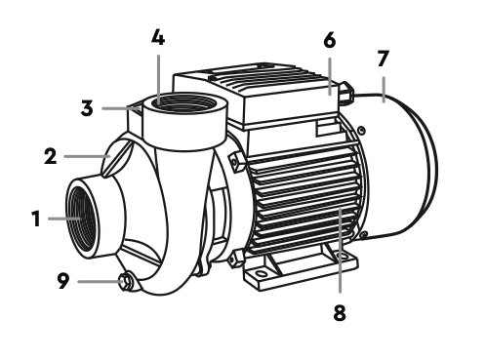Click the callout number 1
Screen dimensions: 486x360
(x=36, y=219)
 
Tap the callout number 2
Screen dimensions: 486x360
(x=51, y=156)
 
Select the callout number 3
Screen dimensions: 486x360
(x=87, y=108)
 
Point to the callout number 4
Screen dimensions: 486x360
(x=158, y=37)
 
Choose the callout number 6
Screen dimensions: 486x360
(x=330, y=41)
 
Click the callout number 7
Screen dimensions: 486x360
(x=383, y=59)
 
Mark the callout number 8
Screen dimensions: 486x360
(x=340, y=313)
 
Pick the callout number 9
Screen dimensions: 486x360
(x=63, y=281)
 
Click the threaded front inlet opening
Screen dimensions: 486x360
(x=82, y=218)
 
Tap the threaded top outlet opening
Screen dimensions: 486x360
(x=184, y=103)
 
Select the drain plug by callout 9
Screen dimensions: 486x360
(x=126, y=282)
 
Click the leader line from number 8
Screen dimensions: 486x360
(x=340, y=251)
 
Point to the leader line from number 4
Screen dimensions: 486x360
(x=158, y=79)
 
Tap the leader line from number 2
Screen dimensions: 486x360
(x=87, y=156)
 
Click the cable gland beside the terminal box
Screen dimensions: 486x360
(x=345, y=93)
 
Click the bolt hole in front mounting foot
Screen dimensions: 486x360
(x=262, y=272)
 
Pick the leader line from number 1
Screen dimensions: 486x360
(x=64, y=219)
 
